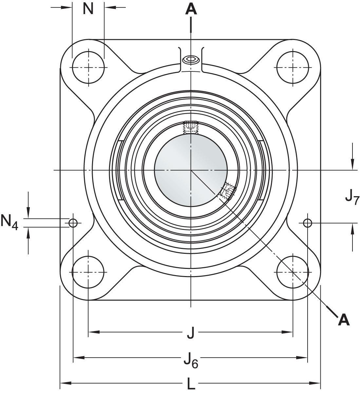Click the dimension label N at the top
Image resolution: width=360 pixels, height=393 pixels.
(88, 9)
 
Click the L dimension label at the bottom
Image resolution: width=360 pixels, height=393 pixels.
(191, 384)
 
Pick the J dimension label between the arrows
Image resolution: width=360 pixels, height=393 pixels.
(191, 333)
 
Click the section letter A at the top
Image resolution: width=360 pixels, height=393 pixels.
(191, 9)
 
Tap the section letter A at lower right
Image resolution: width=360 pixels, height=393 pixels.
(344, 320)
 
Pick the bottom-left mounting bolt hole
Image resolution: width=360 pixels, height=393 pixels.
(88, 272)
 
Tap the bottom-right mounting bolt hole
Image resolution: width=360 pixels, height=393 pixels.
(293, 272)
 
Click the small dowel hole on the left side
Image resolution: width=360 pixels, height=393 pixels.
(73, 223)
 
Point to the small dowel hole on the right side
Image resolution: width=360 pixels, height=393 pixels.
(307, 223)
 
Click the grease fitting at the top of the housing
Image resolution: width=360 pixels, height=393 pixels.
(191, 60)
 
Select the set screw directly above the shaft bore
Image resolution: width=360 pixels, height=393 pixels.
(191, 127)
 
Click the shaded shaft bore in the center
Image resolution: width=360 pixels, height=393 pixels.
(191, 169)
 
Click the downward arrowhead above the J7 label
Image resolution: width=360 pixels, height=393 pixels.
(352, 164)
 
